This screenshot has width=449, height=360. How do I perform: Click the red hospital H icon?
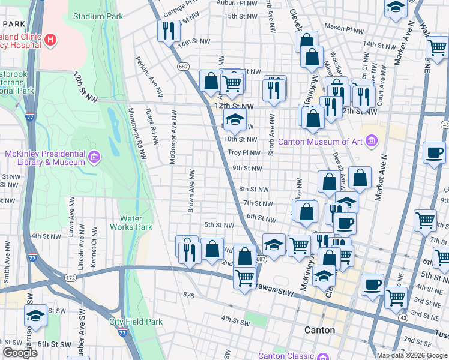click(51, 40)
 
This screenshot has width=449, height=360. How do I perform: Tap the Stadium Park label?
click(98, 16)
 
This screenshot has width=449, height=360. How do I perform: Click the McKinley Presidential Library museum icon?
click(94, 158)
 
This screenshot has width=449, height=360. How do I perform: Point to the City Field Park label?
click(136, 322)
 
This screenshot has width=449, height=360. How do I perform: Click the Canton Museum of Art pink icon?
click(372, 142)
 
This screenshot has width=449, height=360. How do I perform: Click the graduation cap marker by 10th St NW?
click(235, 119)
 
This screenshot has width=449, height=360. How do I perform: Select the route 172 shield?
click(70, 277)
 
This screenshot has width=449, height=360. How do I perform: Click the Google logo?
click(20, 353)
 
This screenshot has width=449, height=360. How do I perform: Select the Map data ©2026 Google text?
click(412, 355)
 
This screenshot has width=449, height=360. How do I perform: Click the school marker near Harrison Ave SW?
click(35, 316)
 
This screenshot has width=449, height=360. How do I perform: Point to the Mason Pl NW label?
click(344, 29)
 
